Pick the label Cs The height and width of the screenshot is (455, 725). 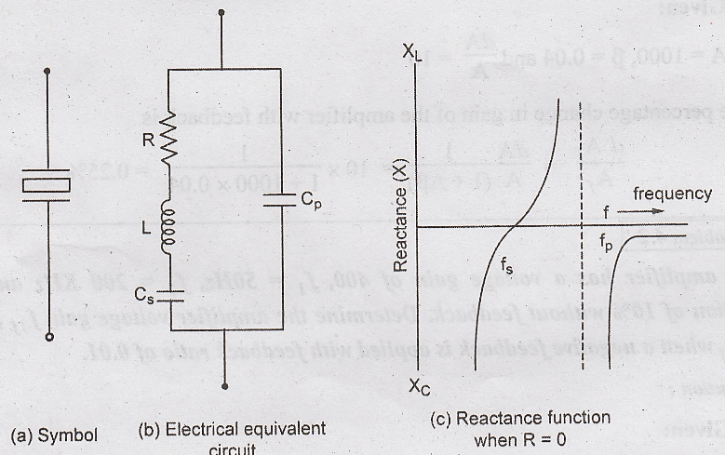[141, 297]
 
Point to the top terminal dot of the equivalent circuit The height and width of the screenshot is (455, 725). [222, 13]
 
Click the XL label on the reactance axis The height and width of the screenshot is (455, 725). [414, 53]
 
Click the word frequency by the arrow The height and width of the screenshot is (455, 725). [672, 195]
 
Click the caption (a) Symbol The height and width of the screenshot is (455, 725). [53, 434]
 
